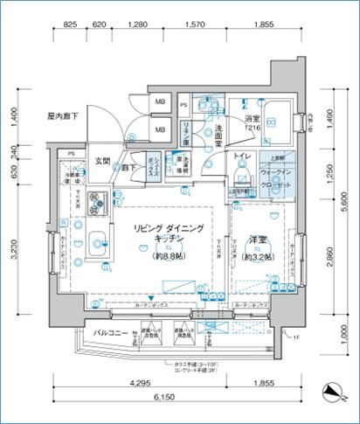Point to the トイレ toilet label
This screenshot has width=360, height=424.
coord(243,156)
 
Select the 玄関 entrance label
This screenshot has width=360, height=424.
coord(101,161)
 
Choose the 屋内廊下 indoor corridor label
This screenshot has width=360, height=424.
coord(65,115)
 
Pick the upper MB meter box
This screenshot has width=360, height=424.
coord(161,103)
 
